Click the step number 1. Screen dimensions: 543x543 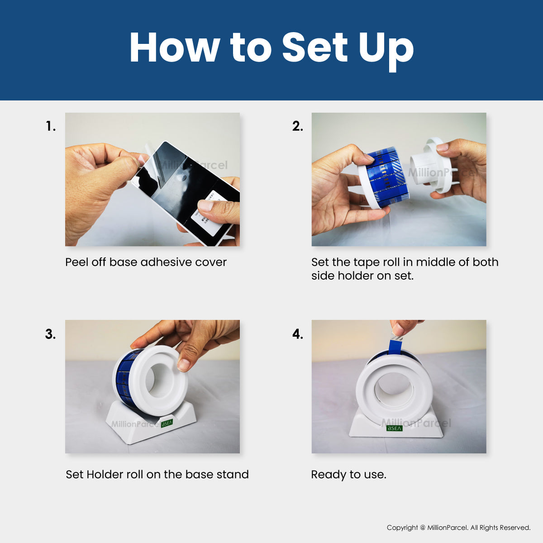click(x=51, y=126)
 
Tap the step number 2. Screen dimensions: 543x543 click(x=298, y=126)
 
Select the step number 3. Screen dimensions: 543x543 click(x=50, y=334)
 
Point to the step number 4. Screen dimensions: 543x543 click(x=298, y=334)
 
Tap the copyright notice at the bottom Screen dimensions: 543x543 click(x=458, y=528)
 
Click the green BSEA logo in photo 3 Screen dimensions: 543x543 click(x=167, y=423)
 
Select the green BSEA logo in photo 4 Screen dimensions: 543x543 click(x=394, y=428)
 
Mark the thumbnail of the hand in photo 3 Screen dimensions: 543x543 click(x=183, y=365)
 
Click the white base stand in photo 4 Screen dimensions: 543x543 click(x=396, y=425)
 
